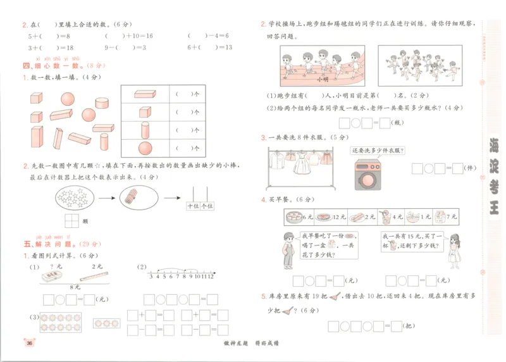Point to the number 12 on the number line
tap(210, 276)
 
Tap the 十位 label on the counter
tap(194, 206)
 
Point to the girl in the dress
tap(452, 248)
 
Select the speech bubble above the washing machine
tap(378, 150)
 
